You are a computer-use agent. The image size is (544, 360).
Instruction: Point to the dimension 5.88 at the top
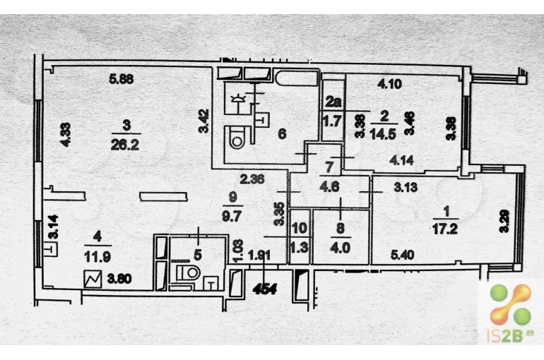coord(121,78)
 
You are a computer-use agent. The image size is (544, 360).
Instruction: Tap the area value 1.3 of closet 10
coord(300,248)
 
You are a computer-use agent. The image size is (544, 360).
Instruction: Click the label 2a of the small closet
coord(332,102)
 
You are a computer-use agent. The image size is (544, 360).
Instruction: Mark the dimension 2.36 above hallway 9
coord(252,179)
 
